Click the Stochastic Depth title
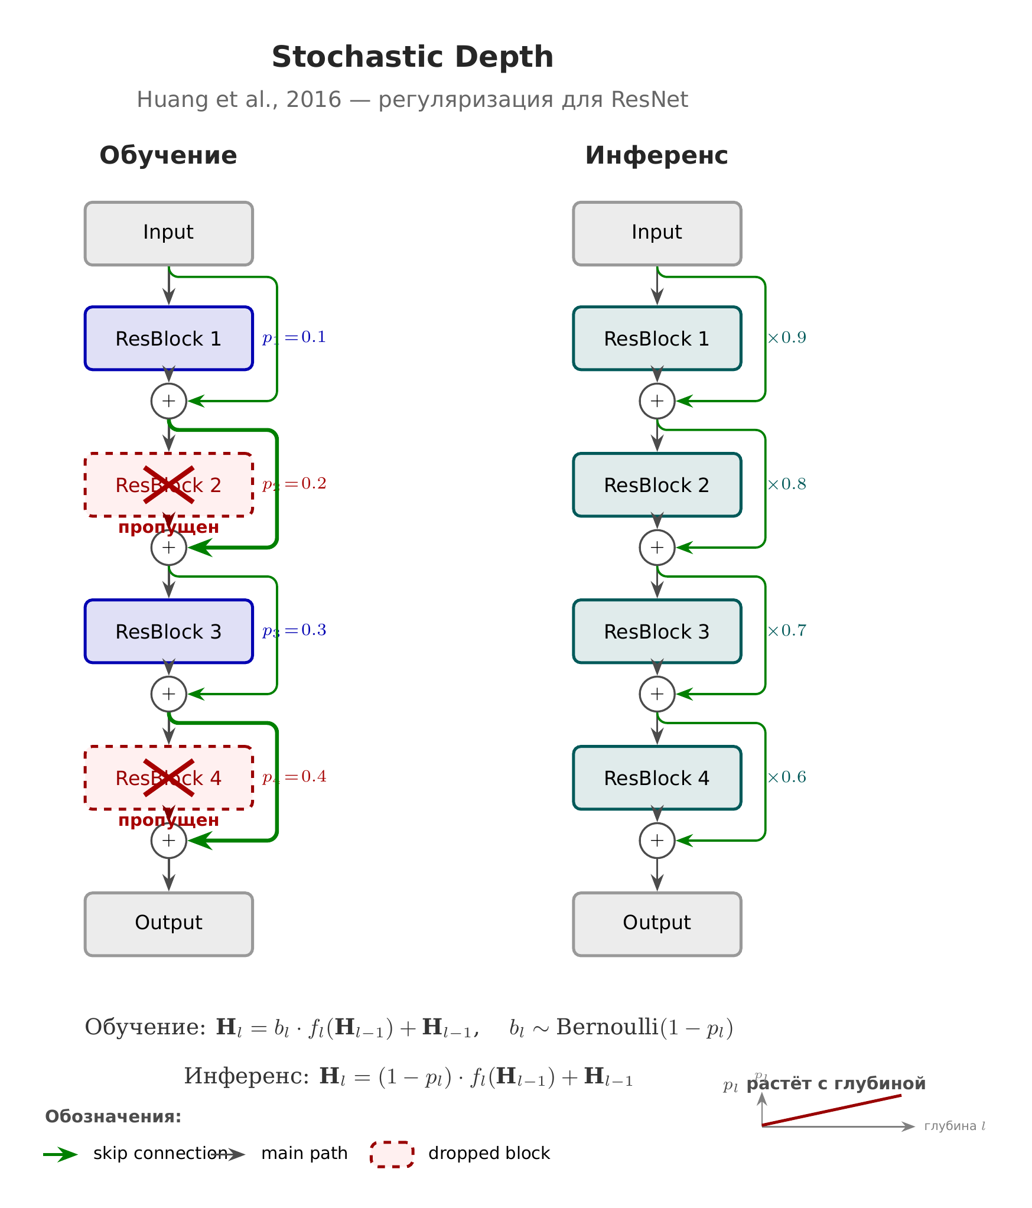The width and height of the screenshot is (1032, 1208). [412, 57]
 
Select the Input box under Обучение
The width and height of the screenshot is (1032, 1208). [169, 233]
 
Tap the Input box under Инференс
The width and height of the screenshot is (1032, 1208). [657, 233]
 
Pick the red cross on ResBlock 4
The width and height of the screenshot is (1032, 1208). [169, 777]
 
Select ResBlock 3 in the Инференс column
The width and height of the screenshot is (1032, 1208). [657, 631]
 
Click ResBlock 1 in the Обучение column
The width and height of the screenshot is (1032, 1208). [169, 338]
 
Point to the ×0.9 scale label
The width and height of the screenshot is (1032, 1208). [786, 338]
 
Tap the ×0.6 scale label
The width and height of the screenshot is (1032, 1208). [786, 777]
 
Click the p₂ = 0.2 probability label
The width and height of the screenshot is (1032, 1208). [294, 484]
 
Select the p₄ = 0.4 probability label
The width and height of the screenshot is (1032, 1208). [294, 777]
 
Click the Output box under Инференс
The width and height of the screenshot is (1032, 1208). [657, 923]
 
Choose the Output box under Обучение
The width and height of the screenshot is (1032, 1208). [169, 923]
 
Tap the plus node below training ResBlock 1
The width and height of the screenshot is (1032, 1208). [169, 401]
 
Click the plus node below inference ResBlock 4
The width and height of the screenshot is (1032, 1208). [657, 841]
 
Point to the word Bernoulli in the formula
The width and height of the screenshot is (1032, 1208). [607, 1027]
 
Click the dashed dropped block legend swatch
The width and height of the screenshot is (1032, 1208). [392, 1154]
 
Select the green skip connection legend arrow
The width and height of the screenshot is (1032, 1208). [60, 1154]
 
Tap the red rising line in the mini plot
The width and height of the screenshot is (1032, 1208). [832, 1111]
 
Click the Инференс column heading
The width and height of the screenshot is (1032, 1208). [656, 156]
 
